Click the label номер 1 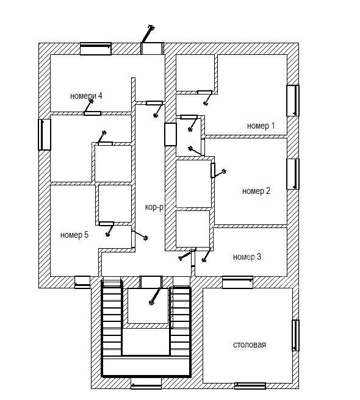click(x=261, y=126)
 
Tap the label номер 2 click(x=256, y=191)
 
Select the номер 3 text click(x=247, y=257)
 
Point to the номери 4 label click(x=86, y=96)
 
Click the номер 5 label click(x=74, y=235)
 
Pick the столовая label click(x=250, y=345)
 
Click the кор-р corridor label click(x=154, y=207)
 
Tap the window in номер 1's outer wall click(x=293, y=101)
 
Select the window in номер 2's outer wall click(x=293, y=174)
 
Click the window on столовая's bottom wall click(x=250, y=386)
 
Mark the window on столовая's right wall click(x=295, y=335)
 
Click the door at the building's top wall click(x=152, y=48)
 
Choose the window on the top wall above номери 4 click(x=96, y=49)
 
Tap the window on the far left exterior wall click(x=45, y=134)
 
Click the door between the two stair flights click(x=151, y=282)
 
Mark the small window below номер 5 click(x=82, y=282)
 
